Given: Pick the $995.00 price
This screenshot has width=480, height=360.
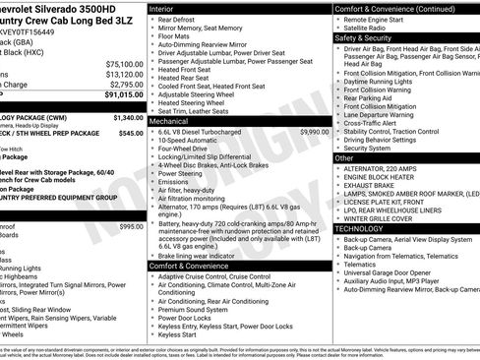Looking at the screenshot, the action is click(x=130, y=227).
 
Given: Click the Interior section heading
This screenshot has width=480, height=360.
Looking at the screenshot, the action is click(x=167, y=8).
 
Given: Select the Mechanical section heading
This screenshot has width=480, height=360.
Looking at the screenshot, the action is click(x=175, y=121).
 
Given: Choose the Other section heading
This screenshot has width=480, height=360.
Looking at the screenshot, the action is click(x=345, y=157).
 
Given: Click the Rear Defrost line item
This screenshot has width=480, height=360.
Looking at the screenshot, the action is click(x=176, y=20).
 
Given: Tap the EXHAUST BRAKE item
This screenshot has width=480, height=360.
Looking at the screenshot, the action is click(x=370, y=186).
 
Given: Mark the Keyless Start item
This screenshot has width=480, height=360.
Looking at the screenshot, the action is click(x=177, y=335).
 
